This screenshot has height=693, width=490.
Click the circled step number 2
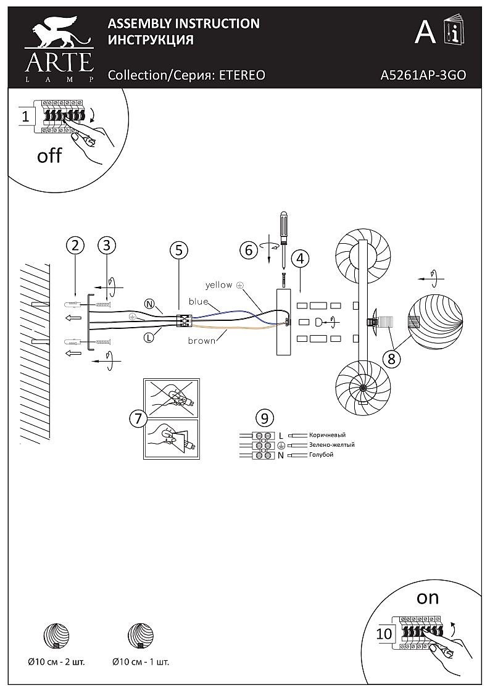(75, 245)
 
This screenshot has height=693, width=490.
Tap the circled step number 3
(107, 245)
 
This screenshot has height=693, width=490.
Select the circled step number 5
(178, 250)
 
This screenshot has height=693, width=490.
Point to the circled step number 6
(249, 250)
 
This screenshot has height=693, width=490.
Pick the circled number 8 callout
(389, 357)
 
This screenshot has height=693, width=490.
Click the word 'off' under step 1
(49, 156)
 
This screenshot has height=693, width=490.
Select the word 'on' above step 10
(427, 597)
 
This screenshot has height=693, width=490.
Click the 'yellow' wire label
(219, 285)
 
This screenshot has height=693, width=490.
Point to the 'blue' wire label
(198, 302)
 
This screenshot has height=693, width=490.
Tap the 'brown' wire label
(202, 340)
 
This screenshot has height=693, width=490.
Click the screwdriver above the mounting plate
(283, 238)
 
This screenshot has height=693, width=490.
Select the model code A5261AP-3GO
(423, 75)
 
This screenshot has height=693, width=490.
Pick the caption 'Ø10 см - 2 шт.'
(56, 662)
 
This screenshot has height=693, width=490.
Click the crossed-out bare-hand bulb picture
(171, 398)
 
